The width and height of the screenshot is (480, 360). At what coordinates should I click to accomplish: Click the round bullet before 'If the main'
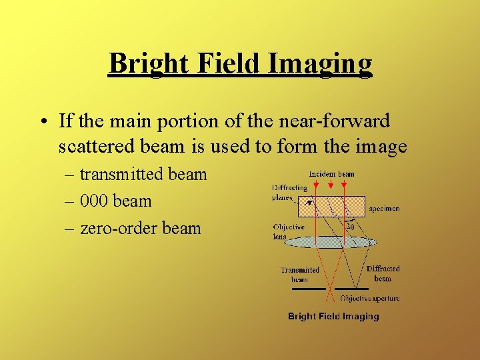coord(43,123)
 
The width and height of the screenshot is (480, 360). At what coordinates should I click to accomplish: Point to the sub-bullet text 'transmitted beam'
coord(143,175)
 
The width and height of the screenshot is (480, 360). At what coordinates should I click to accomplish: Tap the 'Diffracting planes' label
coord(289,193)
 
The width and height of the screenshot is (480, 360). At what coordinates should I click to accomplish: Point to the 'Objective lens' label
coord(288,231)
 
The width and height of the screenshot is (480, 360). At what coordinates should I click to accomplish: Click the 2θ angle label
coord(350,225)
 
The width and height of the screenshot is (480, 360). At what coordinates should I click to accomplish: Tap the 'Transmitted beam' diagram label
coord(299,275)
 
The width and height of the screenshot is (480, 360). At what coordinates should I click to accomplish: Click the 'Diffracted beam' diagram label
coord(383,273)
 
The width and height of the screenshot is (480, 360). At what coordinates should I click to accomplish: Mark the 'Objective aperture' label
coord(369,298)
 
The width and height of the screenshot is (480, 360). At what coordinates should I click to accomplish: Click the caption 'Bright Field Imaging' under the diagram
coord(333,316)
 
